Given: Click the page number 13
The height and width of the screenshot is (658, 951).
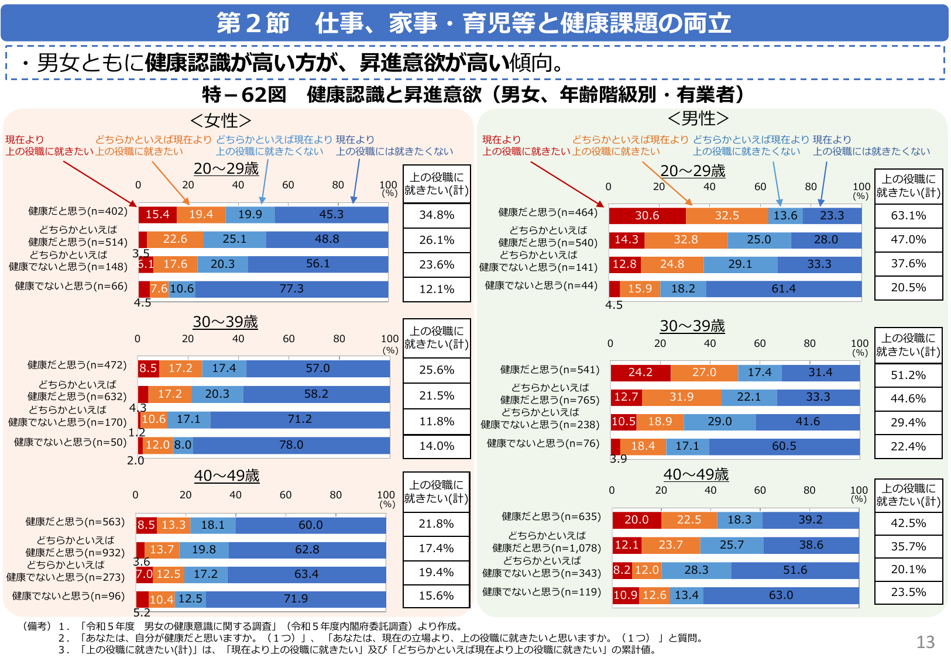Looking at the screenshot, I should click(x=925, y=642).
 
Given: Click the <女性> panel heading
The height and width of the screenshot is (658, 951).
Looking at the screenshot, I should click(x=221, y=120).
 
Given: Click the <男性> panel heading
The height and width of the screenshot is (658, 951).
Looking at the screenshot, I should click(x=698, y=119).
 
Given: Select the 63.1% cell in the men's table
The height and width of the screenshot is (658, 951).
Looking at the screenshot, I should click(x=908, y=216).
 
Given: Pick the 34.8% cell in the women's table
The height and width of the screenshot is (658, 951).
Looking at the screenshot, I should click(x=437, y=215).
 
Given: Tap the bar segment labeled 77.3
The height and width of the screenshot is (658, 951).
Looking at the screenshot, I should click(x=291, y=289).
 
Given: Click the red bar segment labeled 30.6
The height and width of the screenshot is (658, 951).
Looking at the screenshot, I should click(x=647, y=216).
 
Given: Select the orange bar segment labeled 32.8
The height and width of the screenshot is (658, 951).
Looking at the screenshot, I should click(x=685, y=240).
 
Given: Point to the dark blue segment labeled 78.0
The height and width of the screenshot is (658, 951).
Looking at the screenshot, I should click(x=291, y=445).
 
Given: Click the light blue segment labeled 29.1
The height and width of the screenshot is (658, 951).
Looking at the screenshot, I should click(x=740, y=264).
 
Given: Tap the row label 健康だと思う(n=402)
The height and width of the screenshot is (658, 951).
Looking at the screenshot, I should click(x=78, y=211).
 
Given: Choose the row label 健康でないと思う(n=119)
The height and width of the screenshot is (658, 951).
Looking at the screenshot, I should click(x=541, y=592).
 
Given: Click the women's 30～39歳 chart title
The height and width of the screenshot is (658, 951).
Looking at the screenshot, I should click(x=225, y=322).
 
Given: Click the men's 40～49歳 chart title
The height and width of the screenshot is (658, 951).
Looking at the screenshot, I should click(x=696, y=474).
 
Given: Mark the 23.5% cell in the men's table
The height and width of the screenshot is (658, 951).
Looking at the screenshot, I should click(x=908, y=592).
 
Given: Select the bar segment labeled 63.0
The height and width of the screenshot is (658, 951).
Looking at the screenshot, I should click(x=781, y=595).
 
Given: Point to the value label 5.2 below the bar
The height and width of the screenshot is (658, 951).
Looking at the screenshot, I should click(x=142, y=613).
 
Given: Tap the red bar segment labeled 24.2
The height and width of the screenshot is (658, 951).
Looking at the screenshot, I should click(x=640, y=373).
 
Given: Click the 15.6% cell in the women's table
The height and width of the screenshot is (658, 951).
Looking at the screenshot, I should click(x=436, y=596).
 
